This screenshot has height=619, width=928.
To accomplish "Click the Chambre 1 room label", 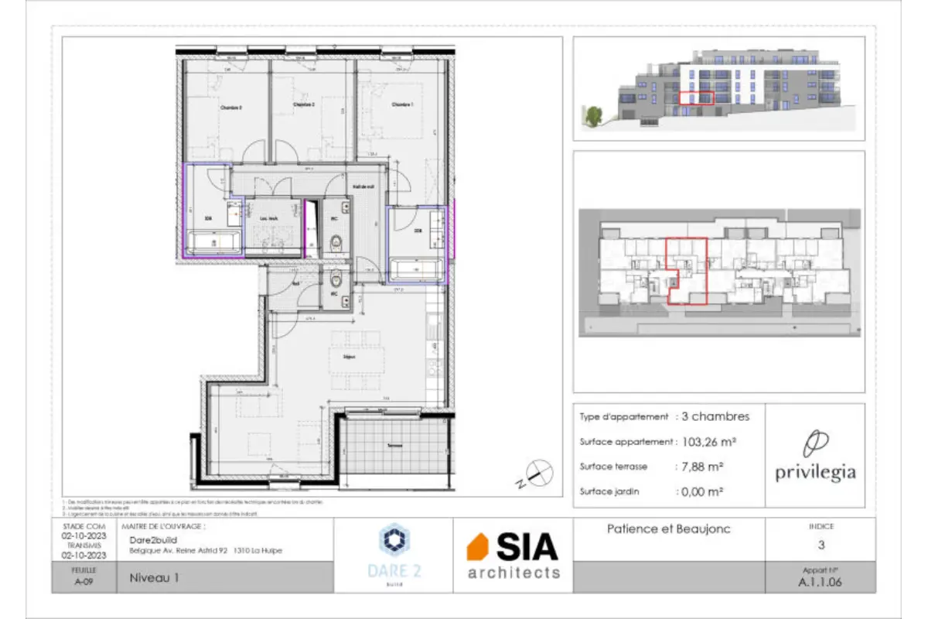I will [x=401, y=104].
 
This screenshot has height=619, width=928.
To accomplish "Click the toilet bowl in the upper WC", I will [x=336, y=246].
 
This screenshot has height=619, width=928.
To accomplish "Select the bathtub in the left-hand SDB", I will [x=214, y=245].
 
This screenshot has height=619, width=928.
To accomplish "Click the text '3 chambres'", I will [x=715, y=416].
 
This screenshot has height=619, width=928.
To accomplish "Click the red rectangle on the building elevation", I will [x=696, y=97].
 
